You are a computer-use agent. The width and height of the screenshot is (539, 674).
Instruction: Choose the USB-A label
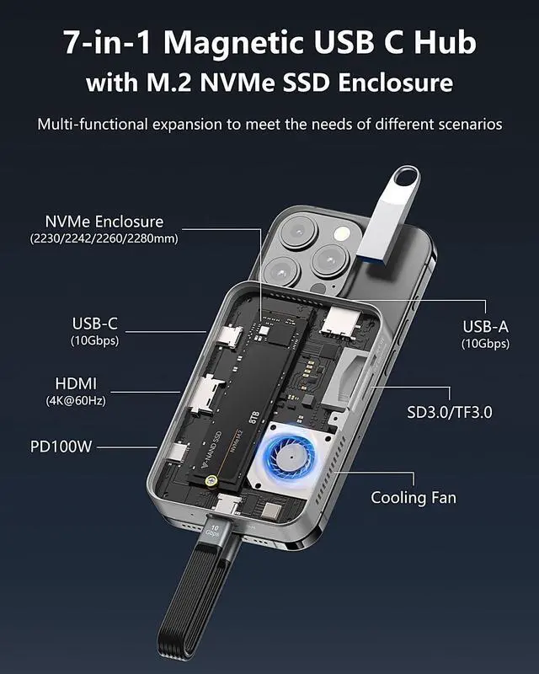point(484,326)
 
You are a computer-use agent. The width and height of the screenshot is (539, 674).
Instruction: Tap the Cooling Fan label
point(414,497)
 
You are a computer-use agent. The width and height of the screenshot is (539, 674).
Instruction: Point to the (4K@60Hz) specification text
point(76,401)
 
